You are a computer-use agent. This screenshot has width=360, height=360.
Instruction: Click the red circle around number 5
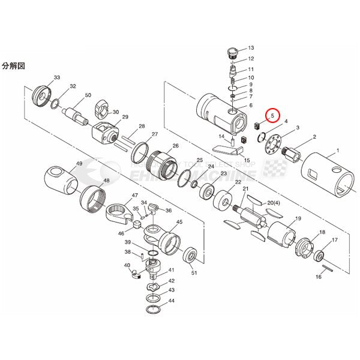272,113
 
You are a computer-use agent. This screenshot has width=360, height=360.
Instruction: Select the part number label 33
57,78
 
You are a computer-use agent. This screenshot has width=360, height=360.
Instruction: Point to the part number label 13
251,47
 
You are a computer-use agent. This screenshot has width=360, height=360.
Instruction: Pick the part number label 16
319,277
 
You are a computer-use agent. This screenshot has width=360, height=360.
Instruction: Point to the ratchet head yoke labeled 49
60,179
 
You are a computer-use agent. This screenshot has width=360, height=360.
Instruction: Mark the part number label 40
127,265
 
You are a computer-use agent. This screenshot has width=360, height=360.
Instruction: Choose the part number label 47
135,196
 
